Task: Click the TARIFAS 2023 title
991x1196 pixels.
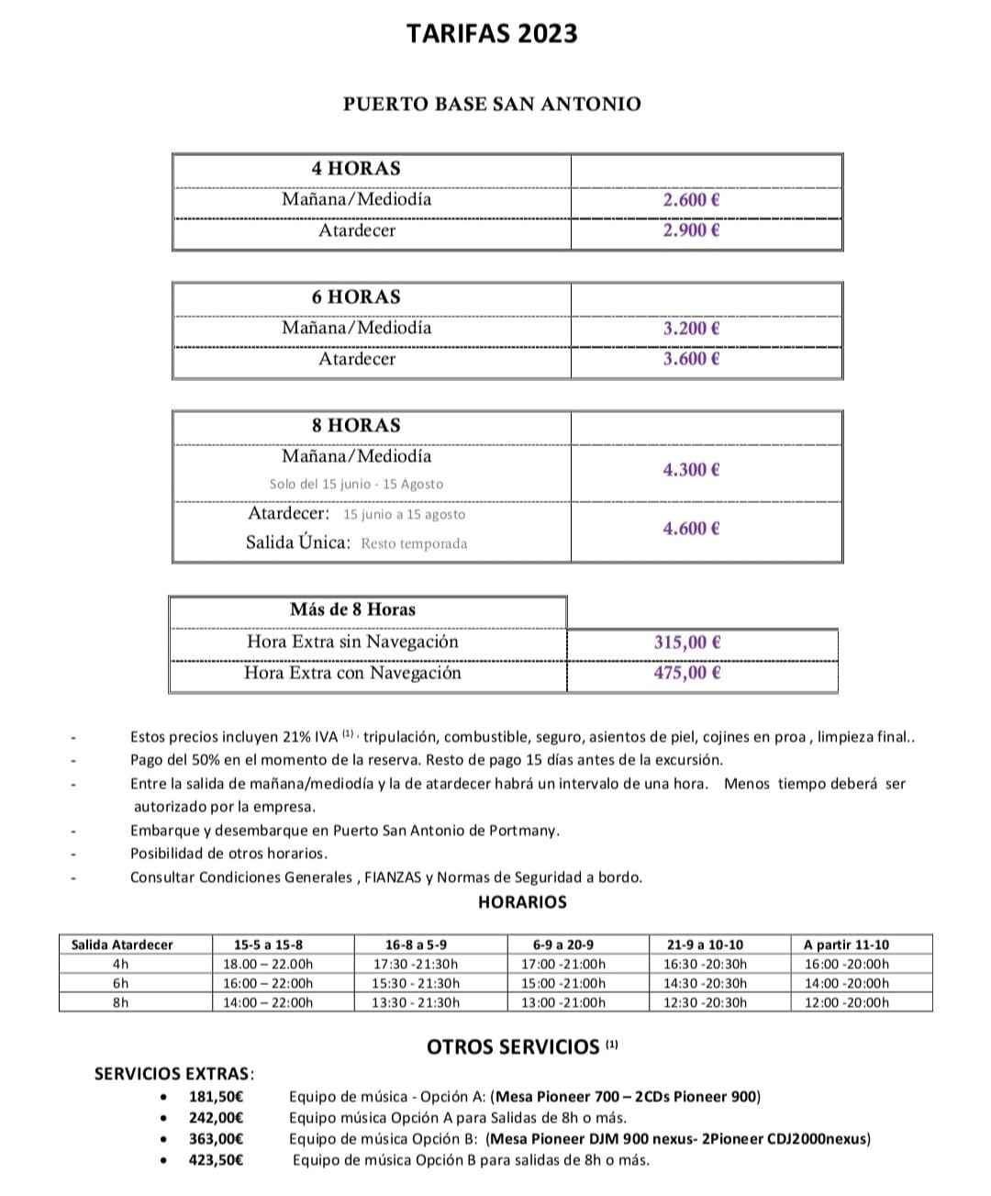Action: [x=492, y=34]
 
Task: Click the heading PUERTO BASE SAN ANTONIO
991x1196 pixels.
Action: [x=492, y=104]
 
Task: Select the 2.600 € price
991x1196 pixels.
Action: [x=691, y=199]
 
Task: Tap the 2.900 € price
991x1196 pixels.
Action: [x=691, y=230]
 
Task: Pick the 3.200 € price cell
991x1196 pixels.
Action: [x=691, y=328]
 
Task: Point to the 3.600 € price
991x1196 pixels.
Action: [x=691, y=359]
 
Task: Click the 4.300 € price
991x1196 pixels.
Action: [x=691, y=470]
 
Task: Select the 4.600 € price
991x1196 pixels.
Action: [x=691, y=528]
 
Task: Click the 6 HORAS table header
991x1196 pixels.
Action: [x=356, y=296]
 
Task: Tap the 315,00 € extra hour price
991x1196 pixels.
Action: [x=687, y=643]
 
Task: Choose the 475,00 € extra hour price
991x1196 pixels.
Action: [x=687, y=673]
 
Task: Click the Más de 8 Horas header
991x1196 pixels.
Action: [x=352, y=609]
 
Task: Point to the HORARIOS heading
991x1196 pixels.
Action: [x=522, y=902]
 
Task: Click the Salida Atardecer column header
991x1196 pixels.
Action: [x=122, y=945]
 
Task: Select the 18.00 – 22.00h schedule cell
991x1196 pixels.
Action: [x=268, y=964]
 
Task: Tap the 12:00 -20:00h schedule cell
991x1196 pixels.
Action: [x=846, y=1002]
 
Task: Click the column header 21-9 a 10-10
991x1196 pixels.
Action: [x=706, y=945]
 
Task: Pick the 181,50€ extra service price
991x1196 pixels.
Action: [x=216, y=1096]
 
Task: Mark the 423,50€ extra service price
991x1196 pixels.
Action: [x=216, y=1159]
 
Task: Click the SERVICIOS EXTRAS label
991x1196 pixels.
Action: [x=174, y=1073]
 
